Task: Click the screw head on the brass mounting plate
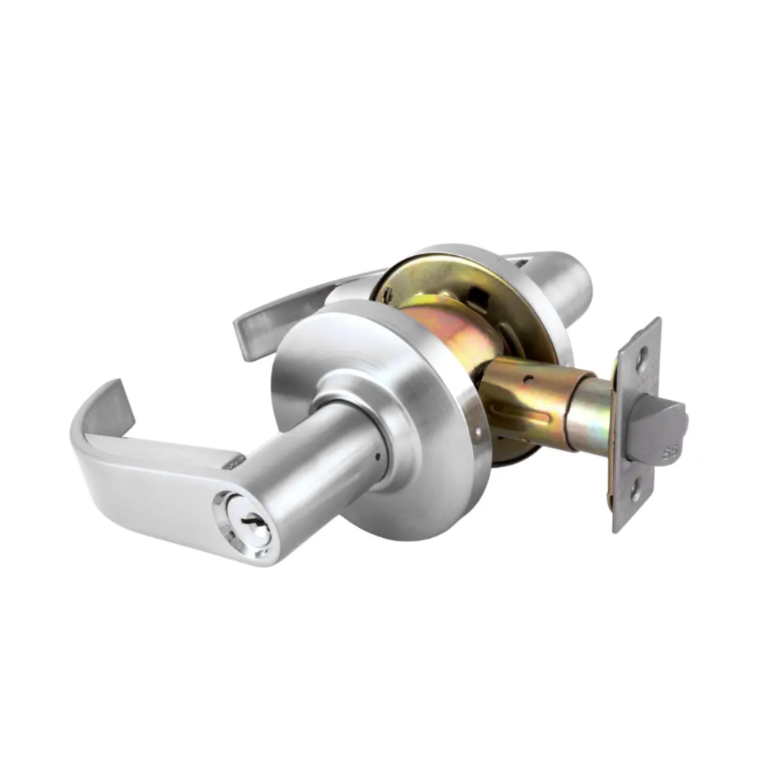pyautogui.click(x=388, y=294)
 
